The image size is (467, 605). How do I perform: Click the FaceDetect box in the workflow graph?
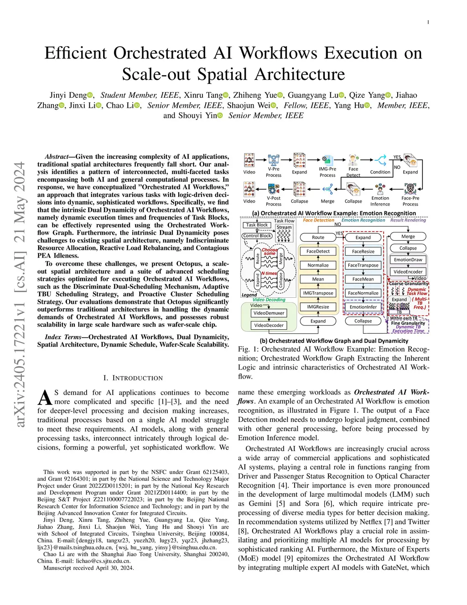pos(318,252)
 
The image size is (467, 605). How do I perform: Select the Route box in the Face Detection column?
pos(318,237)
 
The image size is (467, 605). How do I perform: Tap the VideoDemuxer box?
pos(269,313)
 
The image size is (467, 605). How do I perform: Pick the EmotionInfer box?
pos(363,307)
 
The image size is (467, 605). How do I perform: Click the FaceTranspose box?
pos(363,265)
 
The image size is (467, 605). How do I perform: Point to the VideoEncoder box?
pos(408,272)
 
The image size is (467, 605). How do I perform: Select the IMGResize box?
pos(318,307)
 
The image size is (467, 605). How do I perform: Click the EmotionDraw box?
pos(408,260)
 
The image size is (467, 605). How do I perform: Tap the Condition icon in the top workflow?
pos(380,161)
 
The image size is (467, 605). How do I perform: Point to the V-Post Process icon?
pos(274,189)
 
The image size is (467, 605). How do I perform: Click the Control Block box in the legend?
pos(257,236)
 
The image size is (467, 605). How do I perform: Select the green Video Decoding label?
pos(269,300)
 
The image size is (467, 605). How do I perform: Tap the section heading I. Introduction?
pos(133,378)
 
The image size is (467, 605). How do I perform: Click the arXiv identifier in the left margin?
pos(20,295)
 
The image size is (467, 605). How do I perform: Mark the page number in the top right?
pos(428,22)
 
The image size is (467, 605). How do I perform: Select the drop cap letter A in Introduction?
pos(45,398)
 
